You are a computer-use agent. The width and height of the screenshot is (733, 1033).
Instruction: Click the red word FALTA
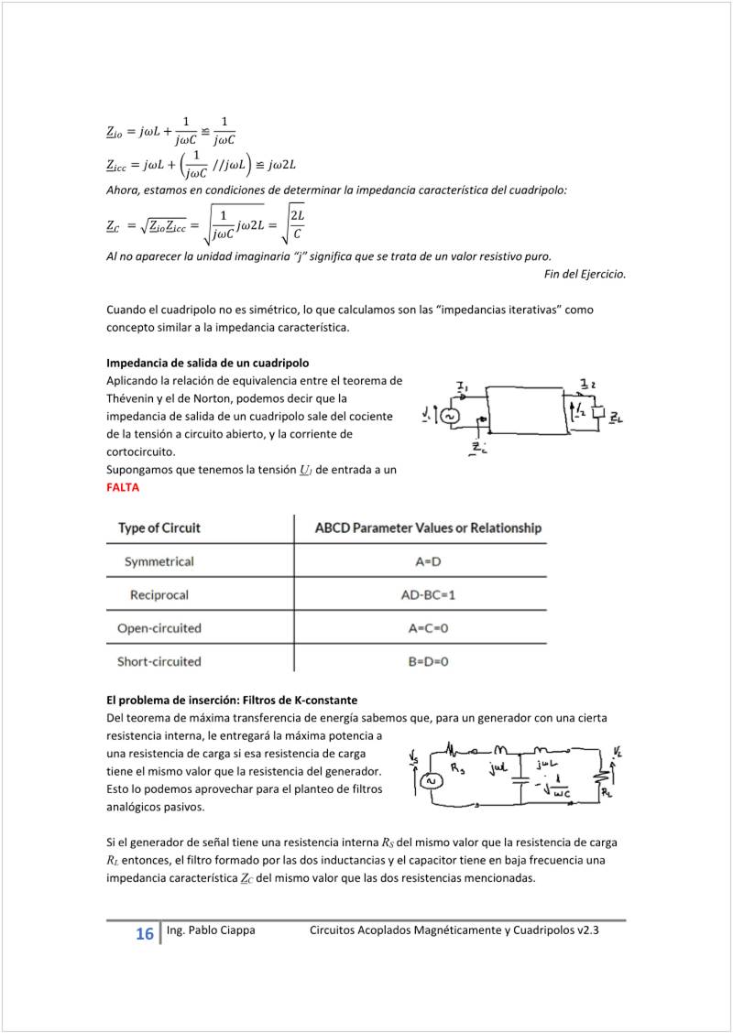pyautogui.click(x=123, y=487)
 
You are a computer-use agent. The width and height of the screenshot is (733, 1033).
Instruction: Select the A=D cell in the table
pyautogui.click(x=428, y=560)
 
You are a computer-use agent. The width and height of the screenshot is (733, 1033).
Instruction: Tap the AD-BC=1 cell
pyautogui.click(x=428, y=594)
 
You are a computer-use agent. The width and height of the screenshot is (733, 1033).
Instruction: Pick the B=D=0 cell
pyautogui.click(x=428, y=661)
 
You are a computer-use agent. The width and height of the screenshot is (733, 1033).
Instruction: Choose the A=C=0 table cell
pyautogui.click(x=428, y=628)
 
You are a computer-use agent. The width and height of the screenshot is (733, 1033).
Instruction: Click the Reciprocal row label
pyautogui.click(x=159, y=594)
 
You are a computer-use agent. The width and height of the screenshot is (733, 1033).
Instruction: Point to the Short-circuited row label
pyautogui.click(x=159, y=661)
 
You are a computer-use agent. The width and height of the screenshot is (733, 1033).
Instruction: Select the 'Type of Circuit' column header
pyautogui.click(x=159, y=527)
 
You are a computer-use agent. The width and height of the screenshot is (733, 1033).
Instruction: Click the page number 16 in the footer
pyautogui.click(x=144, y=934)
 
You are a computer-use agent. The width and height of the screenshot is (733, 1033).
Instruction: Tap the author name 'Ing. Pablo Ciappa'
pyautogui.click(x=211, y=930)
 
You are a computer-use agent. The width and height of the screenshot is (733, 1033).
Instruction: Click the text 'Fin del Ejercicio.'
pyautogui.click(x=585, y=274)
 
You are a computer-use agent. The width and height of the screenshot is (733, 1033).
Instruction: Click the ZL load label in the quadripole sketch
pyautogui.click(x=617, y=419)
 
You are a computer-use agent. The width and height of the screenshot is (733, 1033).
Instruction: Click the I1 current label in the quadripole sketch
pyautogui.click(x=462, y=388)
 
